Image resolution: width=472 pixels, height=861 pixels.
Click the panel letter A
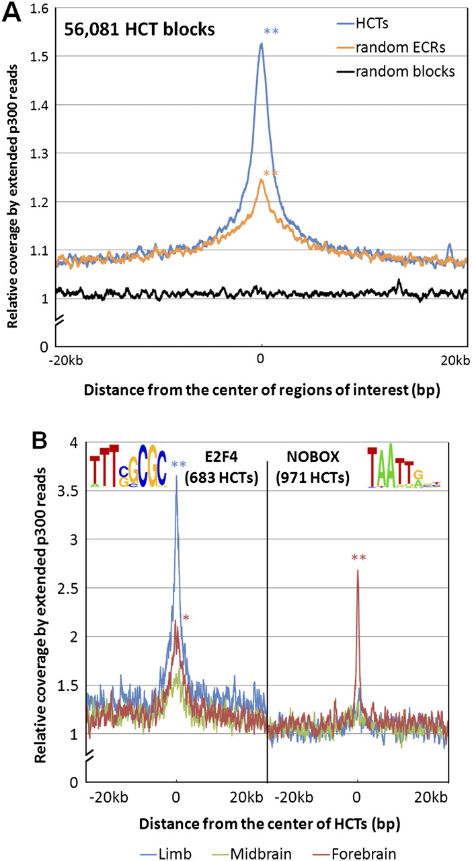click(x=11, y=12)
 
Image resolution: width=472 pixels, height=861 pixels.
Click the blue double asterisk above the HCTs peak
click(x=271, y=31)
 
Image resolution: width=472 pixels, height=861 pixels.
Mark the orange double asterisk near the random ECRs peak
click(x=270, y=174)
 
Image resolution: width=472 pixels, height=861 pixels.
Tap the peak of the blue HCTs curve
click(x=262, y=44)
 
